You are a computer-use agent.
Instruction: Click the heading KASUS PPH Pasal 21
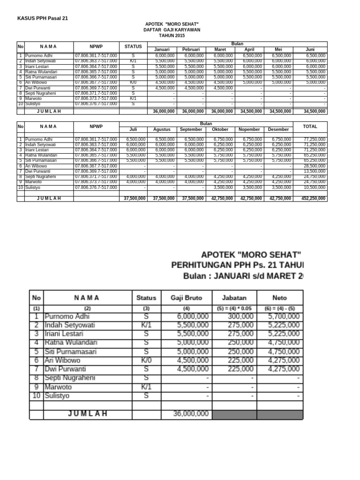tap(43, 18)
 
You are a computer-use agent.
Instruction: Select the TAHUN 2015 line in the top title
tap(172, 35)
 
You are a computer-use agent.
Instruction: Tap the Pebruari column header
tap(191, 50)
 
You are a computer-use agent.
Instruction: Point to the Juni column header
tap(310, 50)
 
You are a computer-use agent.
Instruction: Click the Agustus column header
tap(163, 130)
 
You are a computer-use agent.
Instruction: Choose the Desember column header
tap(278, 130)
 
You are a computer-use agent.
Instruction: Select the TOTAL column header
tap(310, 127)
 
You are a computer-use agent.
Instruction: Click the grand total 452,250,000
tap(313, 198)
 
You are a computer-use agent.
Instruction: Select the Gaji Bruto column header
tap(186, 298)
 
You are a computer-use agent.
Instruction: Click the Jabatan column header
tap(234, 298)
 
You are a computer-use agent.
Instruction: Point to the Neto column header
tap(279, 298)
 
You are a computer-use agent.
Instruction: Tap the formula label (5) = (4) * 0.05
tap(234, 308)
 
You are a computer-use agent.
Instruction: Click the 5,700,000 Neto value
tap(284, 317)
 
